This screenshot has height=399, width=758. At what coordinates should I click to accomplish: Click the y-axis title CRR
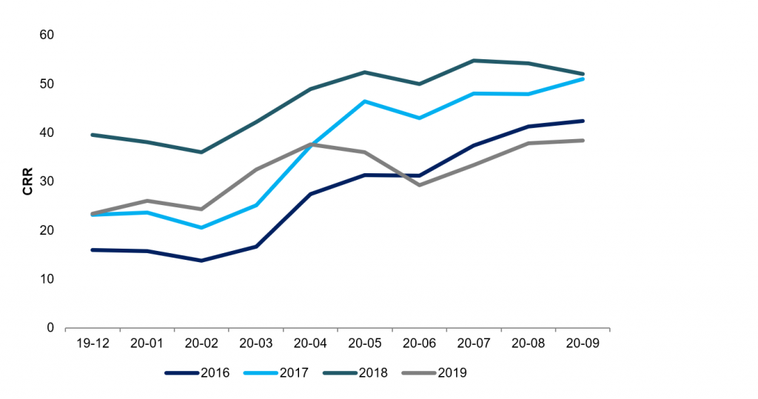[27, 181]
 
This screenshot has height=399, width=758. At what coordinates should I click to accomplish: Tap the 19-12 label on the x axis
[93, 344]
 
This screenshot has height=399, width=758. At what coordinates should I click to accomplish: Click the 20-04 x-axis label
[311, 344]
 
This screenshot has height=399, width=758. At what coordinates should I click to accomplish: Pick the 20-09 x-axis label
[583, 344]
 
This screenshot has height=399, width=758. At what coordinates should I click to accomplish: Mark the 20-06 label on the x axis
[420, 344]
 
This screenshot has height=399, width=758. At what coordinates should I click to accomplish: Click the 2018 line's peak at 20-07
[474, 61]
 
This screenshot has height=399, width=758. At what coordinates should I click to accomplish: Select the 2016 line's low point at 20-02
[201, 261]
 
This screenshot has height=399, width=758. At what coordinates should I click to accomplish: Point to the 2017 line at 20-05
[366, 101]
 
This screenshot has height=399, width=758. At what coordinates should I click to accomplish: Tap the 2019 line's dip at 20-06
[420, 184]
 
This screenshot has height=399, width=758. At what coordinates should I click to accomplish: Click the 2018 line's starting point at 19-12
[93, 135]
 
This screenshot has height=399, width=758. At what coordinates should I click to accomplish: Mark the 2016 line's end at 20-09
[583, 121]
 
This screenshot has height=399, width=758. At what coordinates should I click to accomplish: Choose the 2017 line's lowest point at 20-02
[201, 227]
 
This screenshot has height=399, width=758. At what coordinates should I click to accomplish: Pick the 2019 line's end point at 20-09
[583, 141]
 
